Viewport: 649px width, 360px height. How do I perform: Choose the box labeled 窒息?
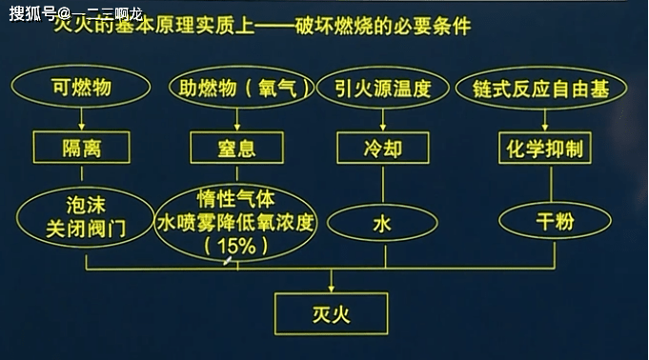click(237, 149)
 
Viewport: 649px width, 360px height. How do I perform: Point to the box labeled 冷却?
click(383, 149)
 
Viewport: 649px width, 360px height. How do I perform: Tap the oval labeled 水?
click(382, 225)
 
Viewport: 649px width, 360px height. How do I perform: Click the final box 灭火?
click(329, 311)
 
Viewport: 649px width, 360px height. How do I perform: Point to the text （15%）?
click(235, 246)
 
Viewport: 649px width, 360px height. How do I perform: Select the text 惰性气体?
click(235, 199)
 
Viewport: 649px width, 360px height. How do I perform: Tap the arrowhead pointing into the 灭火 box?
click(330, 288)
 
